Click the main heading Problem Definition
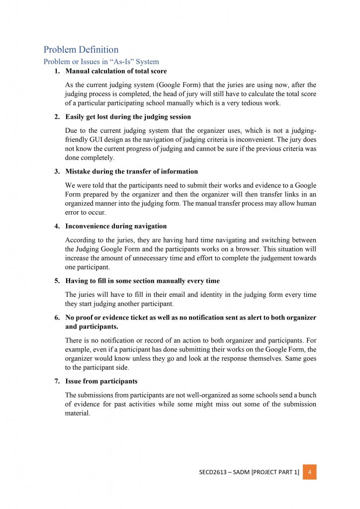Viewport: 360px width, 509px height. point(81,50)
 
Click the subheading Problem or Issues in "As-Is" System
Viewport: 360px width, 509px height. point(101,62)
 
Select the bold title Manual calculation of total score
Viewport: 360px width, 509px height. point(116,72)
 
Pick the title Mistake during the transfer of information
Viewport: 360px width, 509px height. point(131,171)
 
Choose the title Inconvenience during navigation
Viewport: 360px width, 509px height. point(116,226)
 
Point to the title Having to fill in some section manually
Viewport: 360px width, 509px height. point(142,281)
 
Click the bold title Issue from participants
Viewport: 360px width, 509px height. point(101,381)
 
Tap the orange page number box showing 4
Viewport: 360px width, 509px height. point(310,472)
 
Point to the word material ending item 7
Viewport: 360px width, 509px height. point(77,413)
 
